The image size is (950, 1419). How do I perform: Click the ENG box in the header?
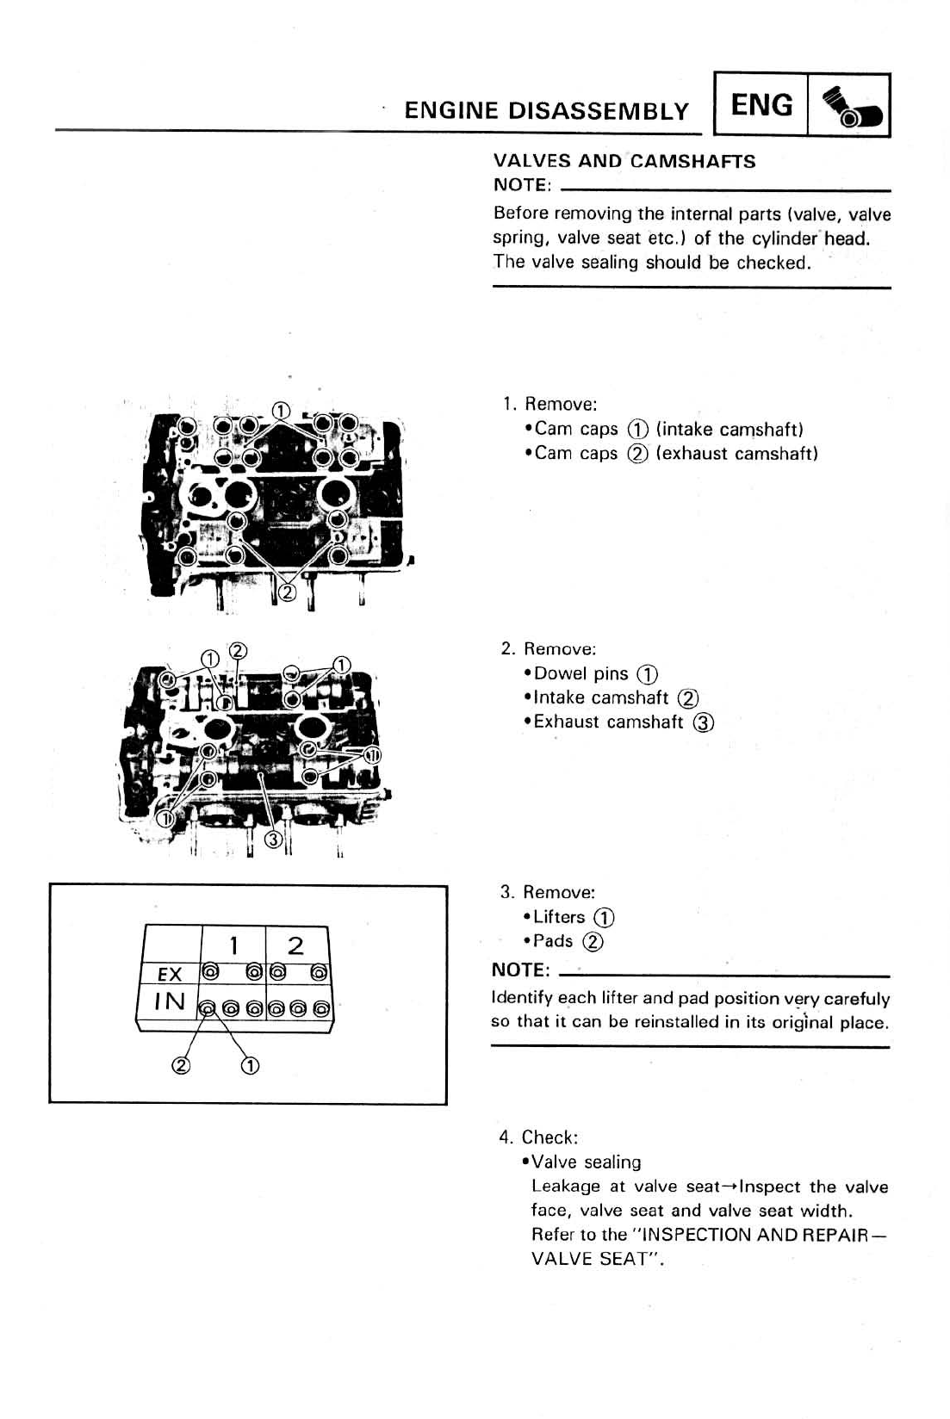[x=761, y=105]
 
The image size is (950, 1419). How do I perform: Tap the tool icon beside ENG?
[x=848, y=107]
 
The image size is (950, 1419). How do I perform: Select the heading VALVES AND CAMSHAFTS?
[x=624, y=161]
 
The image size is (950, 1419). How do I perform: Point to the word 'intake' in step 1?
[x=686, y=429]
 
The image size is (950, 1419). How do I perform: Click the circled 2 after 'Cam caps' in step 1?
[x=637, y=454]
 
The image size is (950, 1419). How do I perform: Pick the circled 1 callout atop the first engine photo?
[x=281, y=410]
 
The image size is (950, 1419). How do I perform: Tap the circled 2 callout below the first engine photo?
[x=288, y=592]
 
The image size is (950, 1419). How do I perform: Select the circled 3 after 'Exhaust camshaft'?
[x=703, y=722]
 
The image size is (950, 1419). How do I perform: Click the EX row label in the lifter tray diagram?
[x=170, y=974]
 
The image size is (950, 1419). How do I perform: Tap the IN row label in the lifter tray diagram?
[x=169, y=1001]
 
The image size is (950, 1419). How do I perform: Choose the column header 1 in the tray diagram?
[x=233, y=945]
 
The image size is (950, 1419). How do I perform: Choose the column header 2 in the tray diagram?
[x=295, y=945]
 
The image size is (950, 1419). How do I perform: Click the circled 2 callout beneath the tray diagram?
[x=180, y=1066]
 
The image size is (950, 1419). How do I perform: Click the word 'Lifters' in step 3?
[x=559, y=917]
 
